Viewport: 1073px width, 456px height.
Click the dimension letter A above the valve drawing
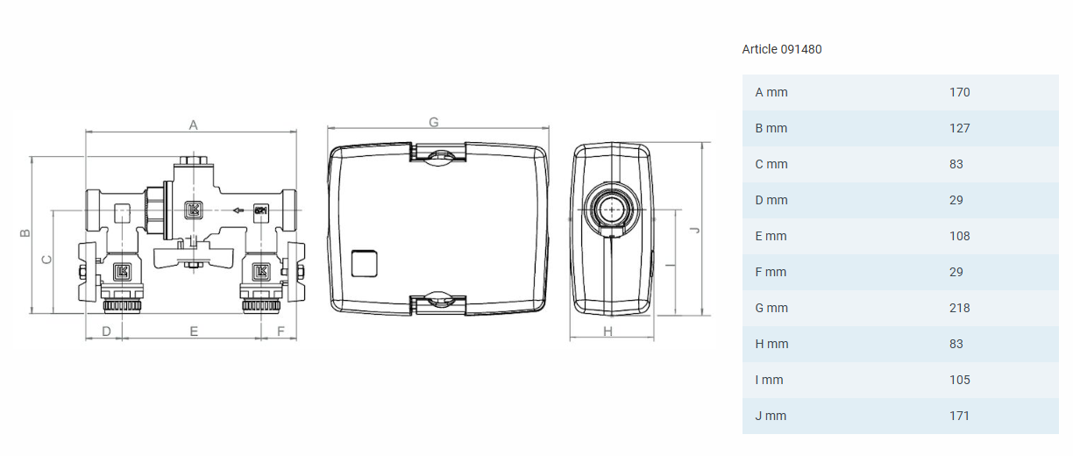[194, 125]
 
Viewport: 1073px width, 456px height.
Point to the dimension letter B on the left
[25, 233]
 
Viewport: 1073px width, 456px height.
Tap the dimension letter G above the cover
[433, 122]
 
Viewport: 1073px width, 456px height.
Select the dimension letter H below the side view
[608, 331]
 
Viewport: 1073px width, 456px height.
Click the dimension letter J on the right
[694, 230]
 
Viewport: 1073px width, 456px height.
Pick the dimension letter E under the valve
[194, 331]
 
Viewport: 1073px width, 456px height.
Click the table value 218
[959, 308]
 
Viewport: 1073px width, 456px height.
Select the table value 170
[959, 92]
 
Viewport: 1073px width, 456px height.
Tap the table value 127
[959, 128]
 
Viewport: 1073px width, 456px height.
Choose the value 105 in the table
[959, 380]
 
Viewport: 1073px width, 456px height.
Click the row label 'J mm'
[771, 416]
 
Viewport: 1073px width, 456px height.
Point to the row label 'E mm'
[771, 236]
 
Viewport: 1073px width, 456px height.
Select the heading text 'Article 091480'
[782, 49]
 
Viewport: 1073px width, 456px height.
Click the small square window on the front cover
[364, 263]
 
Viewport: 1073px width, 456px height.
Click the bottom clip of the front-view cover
[438, 302]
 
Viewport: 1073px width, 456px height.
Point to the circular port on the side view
[611, 209]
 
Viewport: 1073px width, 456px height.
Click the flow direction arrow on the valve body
[238, 210]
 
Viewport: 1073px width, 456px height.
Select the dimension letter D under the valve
[106, 331]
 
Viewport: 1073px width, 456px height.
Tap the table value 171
[959, 416]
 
